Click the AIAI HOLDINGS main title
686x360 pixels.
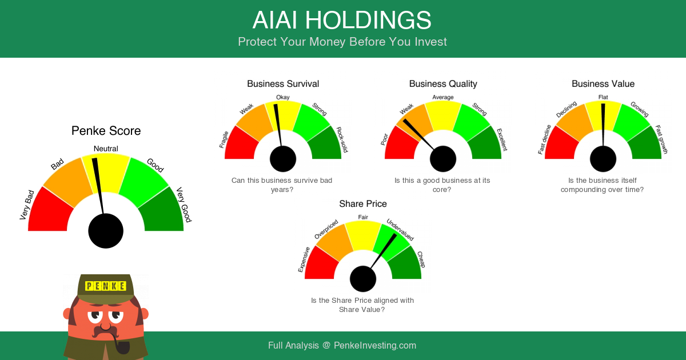(342, 20)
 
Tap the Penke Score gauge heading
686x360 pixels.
(106, 131)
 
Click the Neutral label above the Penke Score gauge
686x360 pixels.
(106, 149)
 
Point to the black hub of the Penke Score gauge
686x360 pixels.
(106, 231)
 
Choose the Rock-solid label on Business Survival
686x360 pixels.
(342, 139)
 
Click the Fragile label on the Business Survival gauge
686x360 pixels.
(224, 139)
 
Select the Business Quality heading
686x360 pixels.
(443, 83)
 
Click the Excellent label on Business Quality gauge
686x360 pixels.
(502, 139)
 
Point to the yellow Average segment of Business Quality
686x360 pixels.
(443, 115)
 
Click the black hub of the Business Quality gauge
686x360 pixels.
(443, 159)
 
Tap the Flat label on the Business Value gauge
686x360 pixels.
(603, 97)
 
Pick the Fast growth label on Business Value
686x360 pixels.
(661, 139)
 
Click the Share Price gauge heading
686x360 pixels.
(363, 203)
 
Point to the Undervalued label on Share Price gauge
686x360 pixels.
(400, 230)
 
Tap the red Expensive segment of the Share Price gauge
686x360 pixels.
(320, 264)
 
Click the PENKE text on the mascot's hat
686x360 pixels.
(106, 286)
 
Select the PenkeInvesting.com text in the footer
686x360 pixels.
(375, 345)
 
